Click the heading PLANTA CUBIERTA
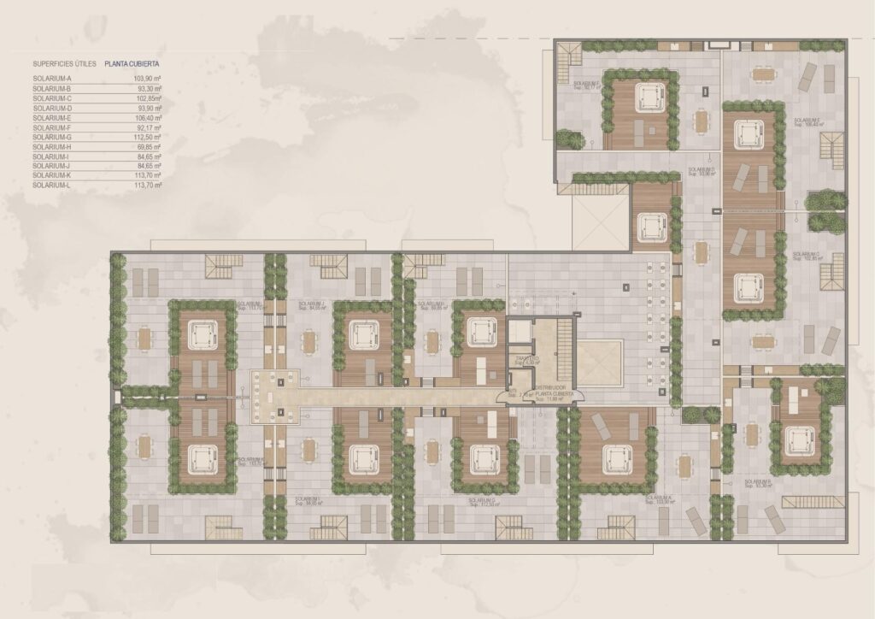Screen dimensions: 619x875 tap(132, 63)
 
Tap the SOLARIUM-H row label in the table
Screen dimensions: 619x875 tap(52, 147)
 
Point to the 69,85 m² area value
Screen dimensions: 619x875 tap(150, 147)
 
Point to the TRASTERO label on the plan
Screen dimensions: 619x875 tap(524, 359)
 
